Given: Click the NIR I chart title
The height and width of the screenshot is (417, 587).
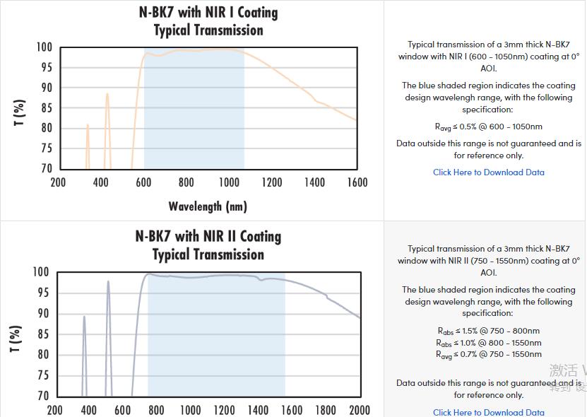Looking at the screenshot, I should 208,21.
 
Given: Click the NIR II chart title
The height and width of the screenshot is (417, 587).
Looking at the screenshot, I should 208,245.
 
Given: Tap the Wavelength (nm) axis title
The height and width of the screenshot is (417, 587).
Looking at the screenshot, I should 208,206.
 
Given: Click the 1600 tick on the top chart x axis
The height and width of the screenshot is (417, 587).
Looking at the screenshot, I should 357,182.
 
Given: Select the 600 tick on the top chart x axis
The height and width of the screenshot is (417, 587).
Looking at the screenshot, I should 143,182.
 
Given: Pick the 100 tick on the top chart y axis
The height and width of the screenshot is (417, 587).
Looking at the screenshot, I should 44,47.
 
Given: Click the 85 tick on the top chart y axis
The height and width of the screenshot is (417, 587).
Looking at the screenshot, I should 46,108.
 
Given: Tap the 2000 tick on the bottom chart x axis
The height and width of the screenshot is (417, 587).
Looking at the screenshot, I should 359,410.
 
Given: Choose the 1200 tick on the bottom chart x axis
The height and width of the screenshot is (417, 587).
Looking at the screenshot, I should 224,410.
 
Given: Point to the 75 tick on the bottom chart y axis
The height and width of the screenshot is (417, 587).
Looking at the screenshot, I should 42,375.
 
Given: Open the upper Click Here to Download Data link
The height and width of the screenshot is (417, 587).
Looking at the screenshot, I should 488,172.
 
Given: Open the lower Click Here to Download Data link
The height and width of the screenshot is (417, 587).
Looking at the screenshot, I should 488,412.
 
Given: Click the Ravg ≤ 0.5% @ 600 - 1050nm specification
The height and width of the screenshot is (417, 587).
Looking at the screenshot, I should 488,127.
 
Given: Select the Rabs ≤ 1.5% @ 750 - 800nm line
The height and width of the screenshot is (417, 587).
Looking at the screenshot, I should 488,331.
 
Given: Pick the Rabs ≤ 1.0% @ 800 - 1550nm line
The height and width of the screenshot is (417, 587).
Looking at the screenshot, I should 488,343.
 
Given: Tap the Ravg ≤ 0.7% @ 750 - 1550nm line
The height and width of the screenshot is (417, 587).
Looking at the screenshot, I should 488,354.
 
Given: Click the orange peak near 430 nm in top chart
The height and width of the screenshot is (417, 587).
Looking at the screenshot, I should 107,95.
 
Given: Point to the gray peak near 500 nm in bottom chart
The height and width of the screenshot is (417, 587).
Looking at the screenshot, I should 108,283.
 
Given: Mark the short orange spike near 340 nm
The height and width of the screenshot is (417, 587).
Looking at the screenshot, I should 88,126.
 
